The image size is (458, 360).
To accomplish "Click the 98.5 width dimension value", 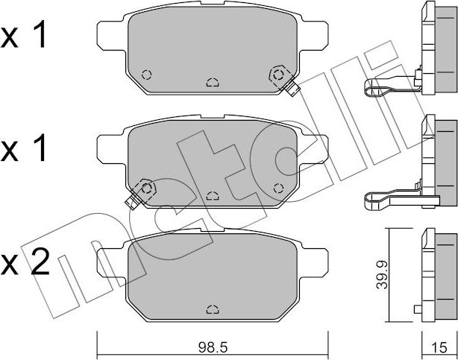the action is pos(213,347).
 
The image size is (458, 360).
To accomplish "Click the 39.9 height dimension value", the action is pos(382,275).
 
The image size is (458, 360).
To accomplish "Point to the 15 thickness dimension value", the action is pos(439,347).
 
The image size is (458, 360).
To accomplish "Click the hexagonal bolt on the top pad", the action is pos(278,75).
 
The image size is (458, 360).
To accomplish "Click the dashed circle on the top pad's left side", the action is pos(146,75).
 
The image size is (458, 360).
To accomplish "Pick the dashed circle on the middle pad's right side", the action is pos(278,189).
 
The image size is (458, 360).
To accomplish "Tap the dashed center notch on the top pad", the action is pos(213,82).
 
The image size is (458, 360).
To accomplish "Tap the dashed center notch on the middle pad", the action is pos(213,195).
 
